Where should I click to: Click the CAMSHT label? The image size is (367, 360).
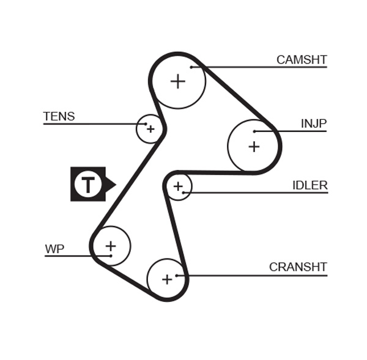302,60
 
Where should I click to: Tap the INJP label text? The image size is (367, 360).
314,124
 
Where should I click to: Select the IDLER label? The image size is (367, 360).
310,186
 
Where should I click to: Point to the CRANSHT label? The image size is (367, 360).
298,267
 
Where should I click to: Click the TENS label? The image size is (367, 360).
59,116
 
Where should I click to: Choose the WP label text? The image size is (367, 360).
54,249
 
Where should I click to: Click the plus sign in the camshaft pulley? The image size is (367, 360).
177,81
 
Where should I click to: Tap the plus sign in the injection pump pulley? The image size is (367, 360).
254,147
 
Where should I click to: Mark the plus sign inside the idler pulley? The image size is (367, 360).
178,186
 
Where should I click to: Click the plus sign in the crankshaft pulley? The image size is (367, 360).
167,279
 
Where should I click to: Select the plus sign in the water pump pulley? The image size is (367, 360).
111,246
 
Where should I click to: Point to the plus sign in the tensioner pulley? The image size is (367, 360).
150,129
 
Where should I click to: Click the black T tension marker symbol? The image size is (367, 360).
89,184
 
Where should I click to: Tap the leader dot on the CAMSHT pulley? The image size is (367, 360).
191,67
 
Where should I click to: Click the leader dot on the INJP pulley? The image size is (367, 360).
254,131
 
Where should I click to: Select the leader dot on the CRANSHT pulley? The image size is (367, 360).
177,276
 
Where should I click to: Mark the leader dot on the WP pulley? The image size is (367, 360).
111,256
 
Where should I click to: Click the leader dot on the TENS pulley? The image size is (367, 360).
146,124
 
